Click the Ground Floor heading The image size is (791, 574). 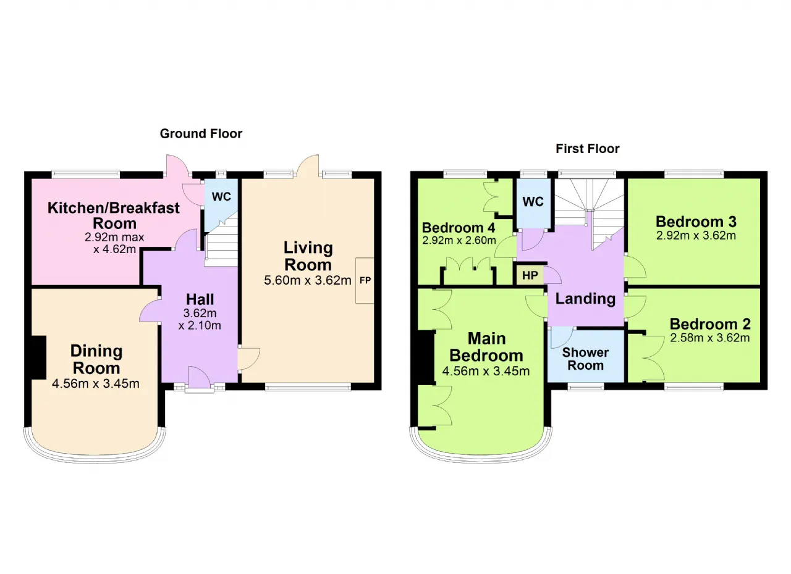(201, 134)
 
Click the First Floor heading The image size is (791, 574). (588, 148)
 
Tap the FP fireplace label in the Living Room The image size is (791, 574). (365, 280)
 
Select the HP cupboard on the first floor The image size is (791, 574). (530, 275)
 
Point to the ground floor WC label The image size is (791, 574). (221, 196)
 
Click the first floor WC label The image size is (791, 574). (533, 202)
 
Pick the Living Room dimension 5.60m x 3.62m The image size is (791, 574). (308, 280)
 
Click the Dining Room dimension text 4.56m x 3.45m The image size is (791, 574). (96, 384)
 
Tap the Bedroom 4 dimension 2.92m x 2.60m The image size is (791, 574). (459, 241)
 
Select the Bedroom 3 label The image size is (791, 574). (696, 222)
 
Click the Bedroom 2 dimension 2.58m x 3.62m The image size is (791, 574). (710, 338)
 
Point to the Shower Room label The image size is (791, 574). (585, 359)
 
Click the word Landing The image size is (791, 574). (585, 299)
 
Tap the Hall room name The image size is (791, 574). (200, 300)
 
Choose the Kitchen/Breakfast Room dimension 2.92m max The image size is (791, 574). (114, 237)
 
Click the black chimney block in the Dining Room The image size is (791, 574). (39, 357)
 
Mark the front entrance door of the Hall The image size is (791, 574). (200, 378)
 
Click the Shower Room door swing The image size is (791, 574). (562, 337)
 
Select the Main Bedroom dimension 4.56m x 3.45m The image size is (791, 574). (486, 372)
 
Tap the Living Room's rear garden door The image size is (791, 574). (308, 165)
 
